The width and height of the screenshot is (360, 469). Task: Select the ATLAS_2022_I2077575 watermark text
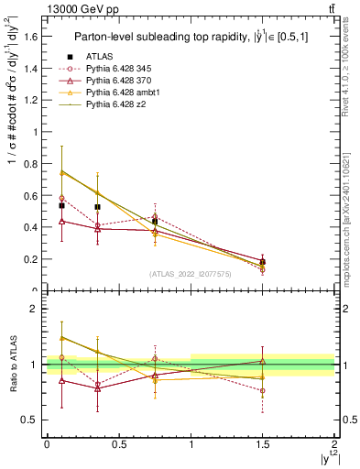(191, 274)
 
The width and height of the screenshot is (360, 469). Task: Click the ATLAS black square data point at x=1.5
(263, 262)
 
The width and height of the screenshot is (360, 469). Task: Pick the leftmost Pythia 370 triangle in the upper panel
(61, 221)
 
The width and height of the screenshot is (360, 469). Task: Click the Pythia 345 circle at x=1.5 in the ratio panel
(263, 390)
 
